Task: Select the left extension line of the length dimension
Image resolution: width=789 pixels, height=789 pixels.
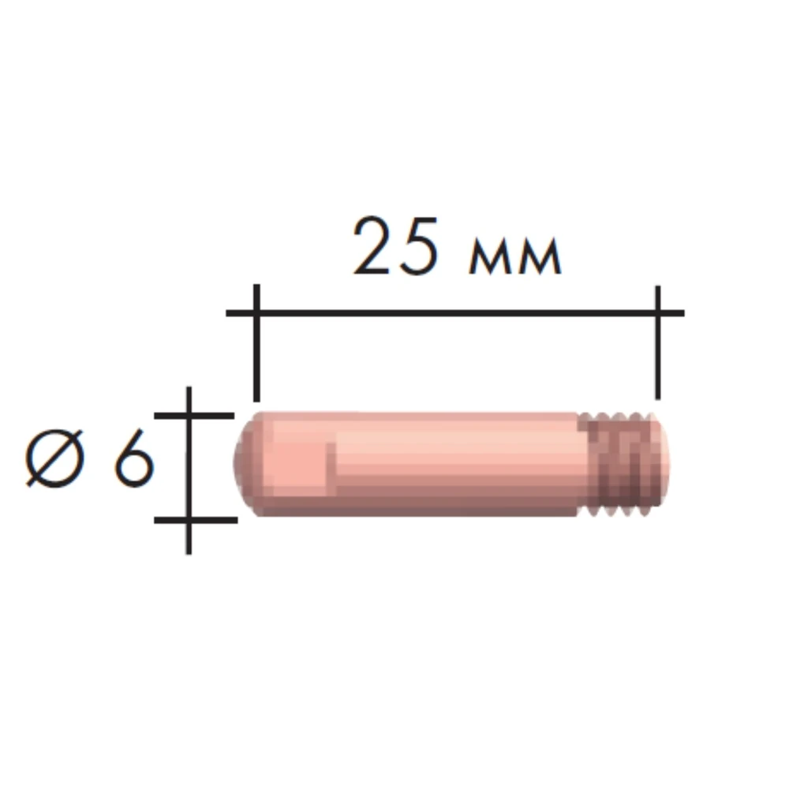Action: (x=256, y=363)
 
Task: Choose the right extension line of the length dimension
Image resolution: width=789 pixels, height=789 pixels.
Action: (x=657, y=363)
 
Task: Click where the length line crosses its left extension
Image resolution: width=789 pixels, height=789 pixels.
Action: (x=256, y=313)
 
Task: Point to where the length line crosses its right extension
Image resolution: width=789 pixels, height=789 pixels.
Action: (x=657, y=313)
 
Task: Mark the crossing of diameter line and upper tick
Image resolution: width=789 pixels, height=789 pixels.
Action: (x=189, y=414)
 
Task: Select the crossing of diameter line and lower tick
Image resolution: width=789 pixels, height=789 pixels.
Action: (x=189, y=520)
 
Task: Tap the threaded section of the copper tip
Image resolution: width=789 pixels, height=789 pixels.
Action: (x=623, y=466)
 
